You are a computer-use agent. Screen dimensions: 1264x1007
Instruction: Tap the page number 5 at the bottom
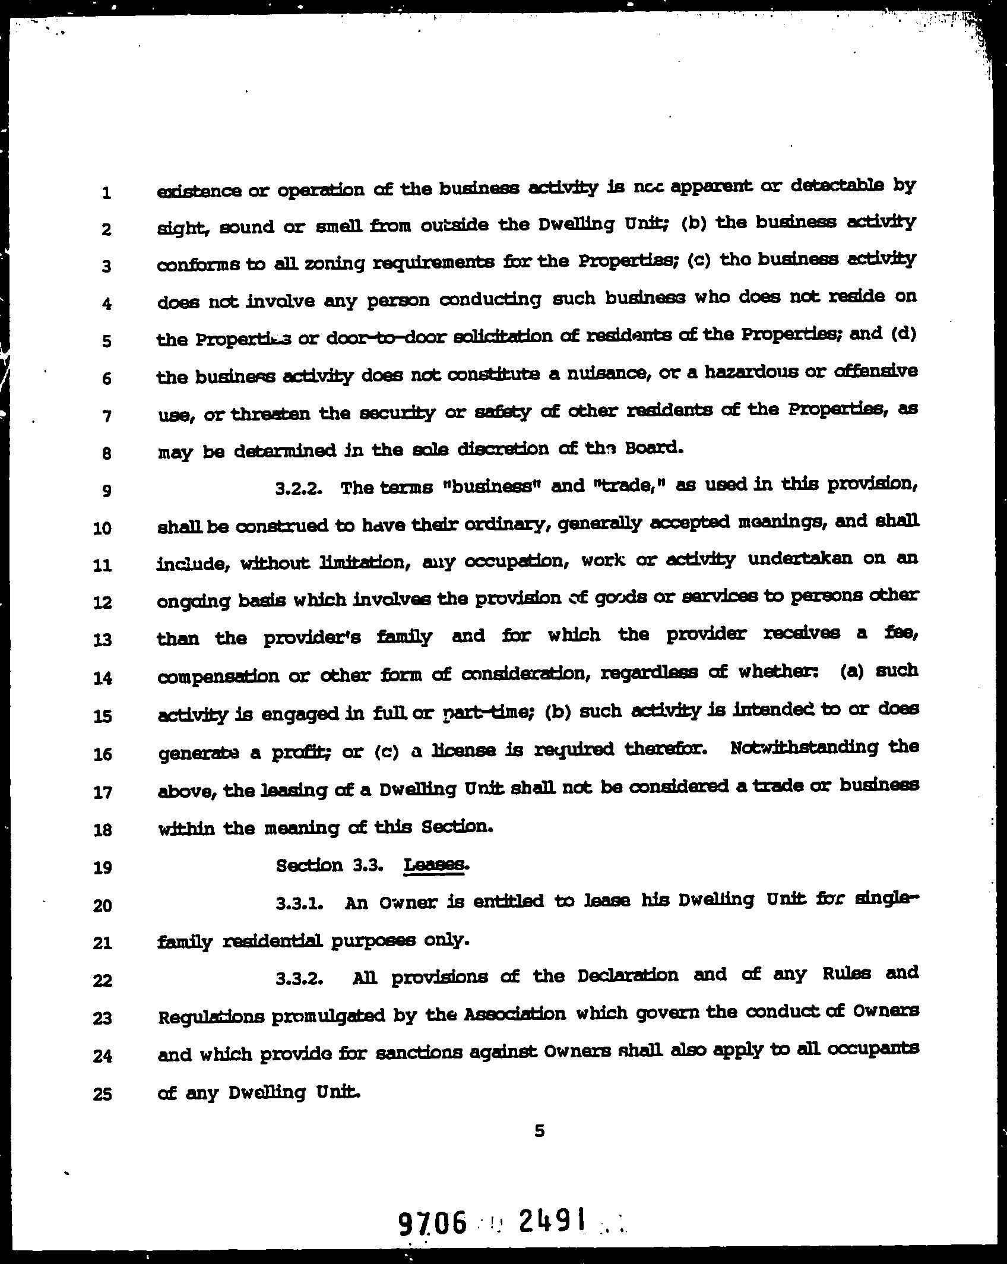[x=539, y=1130]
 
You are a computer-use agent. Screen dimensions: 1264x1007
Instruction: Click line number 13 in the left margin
[x=103, y=640]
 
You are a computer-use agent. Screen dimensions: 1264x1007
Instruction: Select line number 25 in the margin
[x=103, y=1094]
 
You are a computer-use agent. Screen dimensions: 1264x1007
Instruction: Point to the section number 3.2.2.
[x=299, y=488]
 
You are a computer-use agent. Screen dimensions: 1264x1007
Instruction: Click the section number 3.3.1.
[x=299, y=904]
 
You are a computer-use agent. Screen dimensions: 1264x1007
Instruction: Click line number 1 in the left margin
[x=106, y=192]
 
